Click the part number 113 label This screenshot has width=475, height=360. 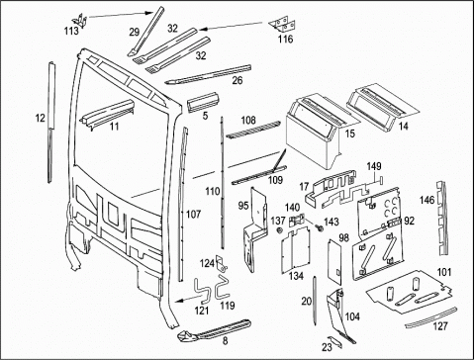point(71,31)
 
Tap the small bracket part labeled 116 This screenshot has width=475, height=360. point(281,25)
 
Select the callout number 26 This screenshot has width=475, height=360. point(237,80)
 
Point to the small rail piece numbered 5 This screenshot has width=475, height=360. point(202,102)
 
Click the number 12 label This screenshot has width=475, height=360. point(40,118)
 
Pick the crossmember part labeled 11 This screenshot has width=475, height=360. point(108,113)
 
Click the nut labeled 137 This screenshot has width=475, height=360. point(281,230)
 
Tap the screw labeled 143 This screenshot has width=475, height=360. point(319,228)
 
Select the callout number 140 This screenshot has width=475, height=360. point(292,208)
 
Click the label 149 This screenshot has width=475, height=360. point(374,166)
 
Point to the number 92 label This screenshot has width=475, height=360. point(409,221)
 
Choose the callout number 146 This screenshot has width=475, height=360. point(427,200)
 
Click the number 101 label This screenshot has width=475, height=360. point(444,272)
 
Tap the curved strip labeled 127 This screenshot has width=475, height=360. point(431,317)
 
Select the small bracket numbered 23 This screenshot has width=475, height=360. point(335,342)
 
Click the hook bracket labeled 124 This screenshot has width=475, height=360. point(222,264)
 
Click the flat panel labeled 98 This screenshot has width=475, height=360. point(334,262)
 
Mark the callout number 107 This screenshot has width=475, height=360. point(193,215)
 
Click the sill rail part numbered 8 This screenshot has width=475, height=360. point(215,330)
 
